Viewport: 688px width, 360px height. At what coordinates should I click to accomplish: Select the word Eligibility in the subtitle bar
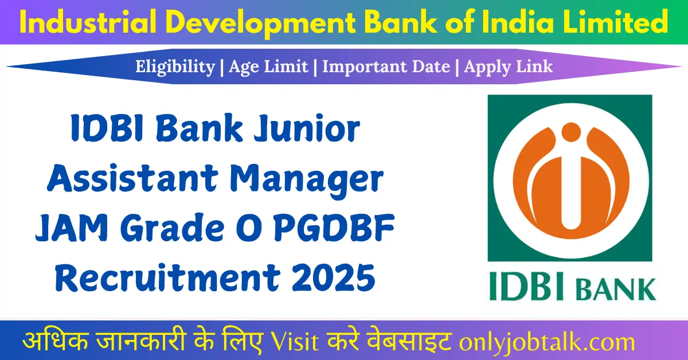click(175, 66)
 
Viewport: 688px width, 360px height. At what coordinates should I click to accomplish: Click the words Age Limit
click(268, 66)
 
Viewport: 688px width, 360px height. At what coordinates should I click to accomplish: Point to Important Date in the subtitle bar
click(386, 66)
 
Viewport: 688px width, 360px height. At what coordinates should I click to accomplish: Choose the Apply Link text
click(509, 66)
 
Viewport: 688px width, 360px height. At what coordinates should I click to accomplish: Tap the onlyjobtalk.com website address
click(548, 342)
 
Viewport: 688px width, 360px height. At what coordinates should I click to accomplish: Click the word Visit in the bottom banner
click(292, 342)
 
